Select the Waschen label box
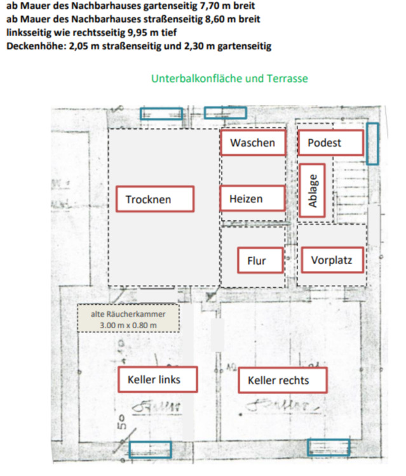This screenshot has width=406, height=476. pyautogui.click(x=252, y=143)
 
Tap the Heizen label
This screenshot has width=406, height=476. pyautogui.click(x=252, y=199)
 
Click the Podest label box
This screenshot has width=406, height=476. pyautogui.click(x=330, y=143)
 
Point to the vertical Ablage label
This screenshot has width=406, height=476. pyautogui.click(x=312, y=190)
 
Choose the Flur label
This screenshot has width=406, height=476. pyautogui.click(x=257, y=260)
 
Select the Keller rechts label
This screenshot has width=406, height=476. pyautogui.click(x=278, y=381)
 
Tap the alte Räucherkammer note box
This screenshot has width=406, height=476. pyautogui.click(x=128, y=319)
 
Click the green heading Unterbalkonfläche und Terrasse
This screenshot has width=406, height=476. pyautogui.click(x=229, y=79)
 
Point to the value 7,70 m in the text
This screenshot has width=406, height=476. pyautogui.click(x=210, y=6)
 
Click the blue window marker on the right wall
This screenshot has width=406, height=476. pyautogui.click(x=373, y=143)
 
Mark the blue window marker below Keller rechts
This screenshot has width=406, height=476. pyautogui.click(x=328, y=447)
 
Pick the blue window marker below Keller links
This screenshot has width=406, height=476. pyautogui.click(x=150, y=449)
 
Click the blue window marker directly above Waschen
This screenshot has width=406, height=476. pyautogui.click(x=225, y=113)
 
